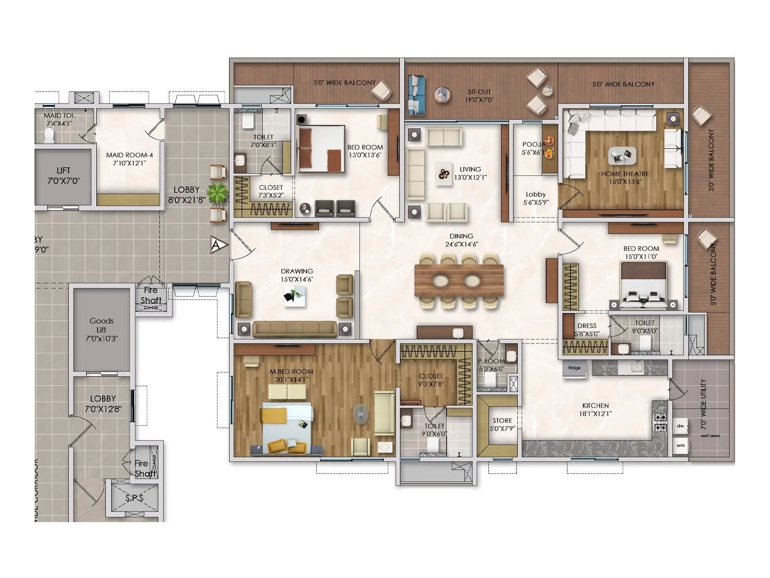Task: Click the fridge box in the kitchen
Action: [x=575, y=368]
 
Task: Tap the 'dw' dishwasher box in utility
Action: [x=680, y=426]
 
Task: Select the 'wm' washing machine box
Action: [x=680, y=446]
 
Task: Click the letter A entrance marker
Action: [x=216, y=245]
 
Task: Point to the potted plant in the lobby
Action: [x=218, y=193]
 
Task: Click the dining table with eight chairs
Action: [x=459, y=280]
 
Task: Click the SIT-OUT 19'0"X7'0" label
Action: [x=478, y=96]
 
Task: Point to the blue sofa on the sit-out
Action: [x=415, y=95]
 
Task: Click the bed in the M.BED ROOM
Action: [x=287, y=428]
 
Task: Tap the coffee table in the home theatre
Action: [x=622, y=156]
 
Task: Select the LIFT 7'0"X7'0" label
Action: [x=63, y=176]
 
